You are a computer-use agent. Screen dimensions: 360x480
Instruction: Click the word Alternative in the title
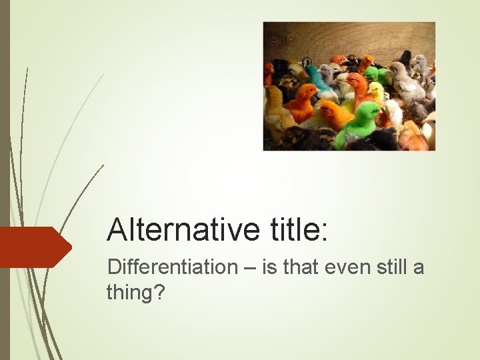point(181,230)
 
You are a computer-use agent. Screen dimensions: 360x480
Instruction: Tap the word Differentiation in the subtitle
point(172,267)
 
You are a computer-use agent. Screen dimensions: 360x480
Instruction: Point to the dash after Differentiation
point(249,268)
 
